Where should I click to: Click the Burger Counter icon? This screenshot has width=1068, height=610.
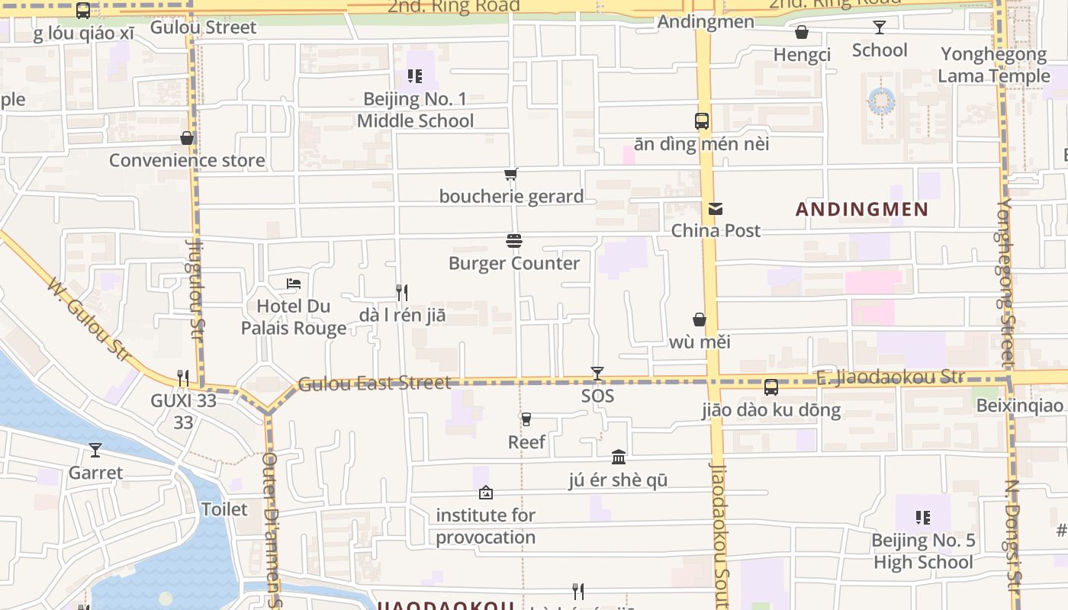[514, 241]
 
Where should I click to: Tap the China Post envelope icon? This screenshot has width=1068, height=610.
[715, 209]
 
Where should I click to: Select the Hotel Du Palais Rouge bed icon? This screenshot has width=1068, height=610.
[294, 284]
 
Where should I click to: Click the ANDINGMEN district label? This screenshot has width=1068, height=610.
[862, 209]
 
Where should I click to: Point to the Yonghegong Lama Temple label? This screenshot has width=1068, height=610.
[993, 65]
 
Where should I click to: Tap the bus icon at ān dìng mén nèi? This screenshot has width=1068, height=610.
[701, 121]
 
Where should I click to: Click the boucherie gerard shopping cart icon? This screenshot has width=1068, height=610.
[511, 175]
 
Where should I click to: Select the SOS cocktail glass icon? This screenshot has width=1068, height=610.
[597, 374]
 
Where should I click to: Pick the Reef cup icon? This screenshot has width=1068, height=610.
[526, 419]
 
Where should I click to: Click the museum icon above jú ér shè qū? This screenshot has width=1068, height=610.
[619, 457]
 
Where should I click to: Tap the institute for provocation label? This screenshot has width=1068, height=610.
[485, 526]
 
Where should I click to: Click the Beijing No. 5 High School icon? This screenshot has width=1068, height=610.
[923, 518]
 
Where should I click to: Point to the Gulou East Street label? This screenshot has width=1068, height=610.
[375, 383]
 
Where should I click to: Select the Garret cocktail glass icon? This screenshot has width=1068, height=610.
[95, 450]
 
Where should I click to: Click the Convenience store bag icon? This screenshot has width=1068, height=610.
[187, 138]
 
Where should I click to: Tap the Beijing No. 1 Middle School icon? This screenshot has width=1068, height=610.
[415, 76]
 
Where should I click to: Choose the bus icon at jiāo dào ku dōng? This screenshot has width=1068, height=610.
[771, 387]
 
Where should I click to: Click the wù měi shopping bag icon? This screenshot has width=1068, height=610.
[699, 319]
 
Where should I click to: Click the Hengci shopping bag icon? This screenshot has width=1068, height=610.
[802, 32]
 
